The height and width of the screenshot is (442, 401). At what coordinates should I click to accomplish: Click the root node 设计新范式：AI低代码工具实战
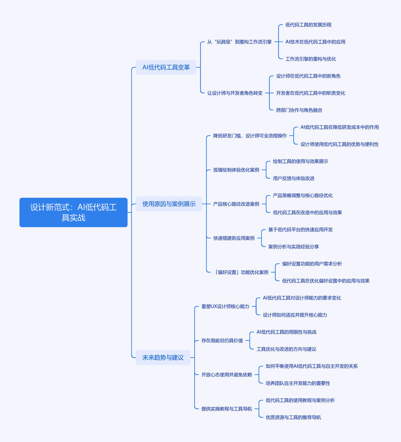click(73, 212)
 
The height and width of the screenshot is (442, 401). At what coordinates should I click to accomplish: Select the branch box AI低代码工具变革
click(166, 67)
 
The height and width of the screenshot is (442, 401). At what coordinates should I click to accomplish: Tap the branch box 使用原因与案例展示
click(169, 204)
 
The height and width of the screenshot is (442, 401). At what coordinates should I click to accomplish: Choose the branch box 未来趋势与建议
click(163, 357)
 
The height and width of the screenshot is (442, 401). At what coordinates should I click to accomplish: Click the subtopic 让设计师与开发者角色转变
click(235, 93)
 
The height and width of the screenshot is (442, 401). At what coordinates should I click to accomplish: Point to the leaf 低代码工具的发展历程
click(308, 25)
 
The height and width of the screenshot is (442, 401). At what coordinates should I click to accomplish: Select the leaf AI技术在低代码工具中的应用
click(315, 42)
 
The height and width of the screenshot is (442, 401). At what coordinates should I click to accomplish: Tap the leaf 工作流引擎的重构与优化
click(310, 59)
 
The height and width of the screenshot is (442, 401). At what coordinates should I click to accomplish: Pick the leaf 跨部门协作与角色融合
click(299, 110)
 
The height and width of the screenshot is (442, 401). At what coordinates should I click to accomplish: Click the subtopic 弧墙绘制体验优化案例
click(236, 170)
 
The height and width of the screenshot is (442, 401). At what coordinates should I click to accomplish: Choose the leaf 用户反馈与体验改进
click(293, 178)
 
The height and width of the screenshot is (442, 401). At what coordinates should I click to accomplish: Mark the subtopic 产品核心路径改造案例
click(236, 204)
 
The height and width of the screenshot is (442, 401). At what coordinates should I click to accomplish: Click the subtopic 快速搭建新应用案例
click(234, 238)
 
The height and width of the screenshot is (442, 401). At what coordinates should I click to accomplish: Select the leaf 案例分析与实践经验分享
click(293, 247)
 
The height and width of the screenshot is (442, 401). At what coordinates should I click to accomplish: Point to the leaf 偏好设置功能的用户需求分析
click(312, 264)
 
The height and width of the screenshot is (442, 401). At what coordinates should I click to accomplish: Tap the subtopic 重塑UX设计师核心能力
click(225, 306)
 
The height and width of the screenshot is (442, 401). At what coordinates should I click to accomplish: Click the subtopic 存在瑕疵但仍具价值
click(222, 341)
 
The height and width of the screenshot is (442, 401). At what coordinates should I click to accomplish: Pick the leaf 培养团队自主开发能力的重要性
click(297, 383)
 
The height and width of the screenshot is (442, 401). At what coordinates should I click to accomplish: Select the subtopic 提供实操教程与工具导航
click(226, 409)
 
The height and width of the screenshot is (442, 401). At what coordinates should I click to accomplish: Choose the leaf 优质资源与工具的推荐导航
click(293, 417)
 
